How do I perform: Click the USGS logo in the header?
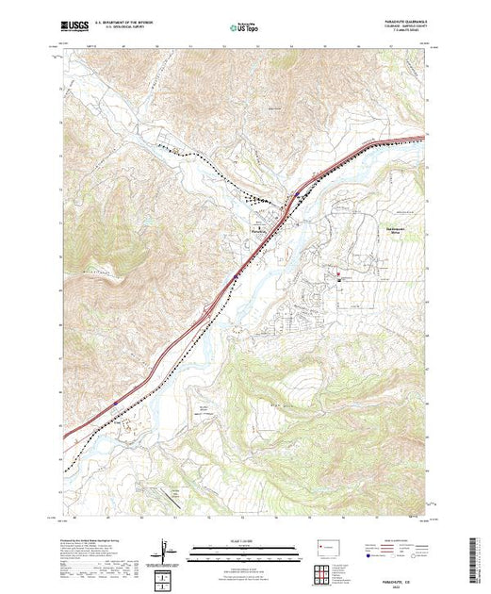74,27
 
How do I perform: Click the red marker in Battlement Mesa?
338,276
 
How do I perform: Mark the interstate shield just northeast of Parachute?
298,195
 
